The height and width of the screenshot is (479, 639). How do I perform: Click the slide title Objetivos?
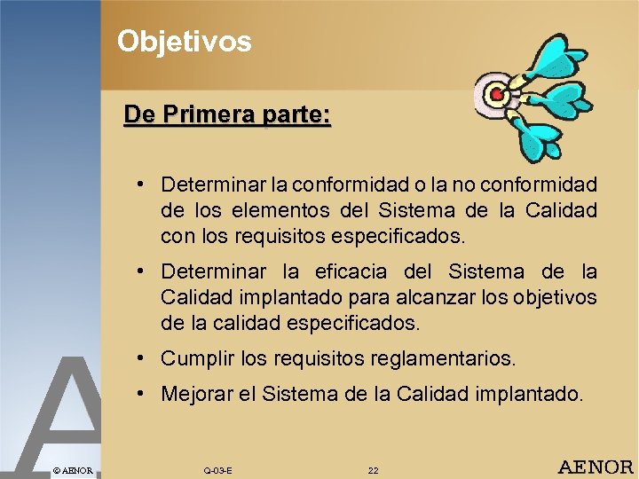185,41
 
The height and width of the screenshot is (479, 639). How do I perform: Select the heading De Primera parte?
227,115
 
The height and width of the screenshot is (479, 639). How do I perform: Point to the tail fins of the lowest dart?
542,141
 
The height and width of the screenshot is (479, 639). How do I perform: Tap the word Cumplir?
194,358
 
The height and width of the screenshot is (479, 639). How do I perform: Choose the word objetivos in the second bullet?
554,297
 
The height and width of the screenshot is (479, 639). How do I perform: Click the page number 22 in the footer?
373,470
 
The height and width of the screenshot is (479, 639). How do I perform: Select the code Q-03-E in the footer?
217,470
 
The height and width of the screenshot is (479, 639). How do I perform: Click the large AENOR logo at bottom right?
595,467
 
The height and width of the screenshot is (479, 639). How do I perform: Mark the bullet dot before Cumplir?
142,358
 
